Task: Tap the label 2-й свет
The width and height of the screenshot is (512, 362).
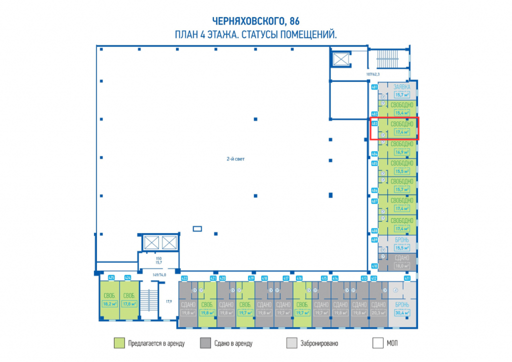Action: [x=235, y=159]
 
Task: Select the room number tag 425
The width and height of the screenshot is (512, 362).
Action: [x=111, y=277]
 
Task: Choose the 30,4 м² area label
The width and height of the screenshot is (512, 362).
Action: [x=401, y=313]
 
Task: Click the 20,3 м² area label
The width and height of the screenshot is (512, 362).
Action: [x=378, y=313]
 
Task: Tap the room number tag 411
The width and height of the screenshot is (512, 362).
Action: [x=407, y=278]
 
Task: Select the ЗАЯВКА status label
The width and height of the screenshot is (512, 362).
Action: [x=402, y=86]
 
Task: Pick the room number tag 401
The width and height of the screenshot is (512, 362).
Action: [x=374, y=87]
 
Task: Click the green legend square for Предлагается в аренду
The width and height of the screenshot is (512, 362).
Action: [x=119, y=343]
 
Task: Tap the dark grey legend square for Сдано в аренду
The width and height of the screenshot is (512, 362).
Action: [x=205, y=343]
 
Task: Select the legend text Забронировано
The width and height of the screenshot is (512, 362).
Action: [x=319, y=343]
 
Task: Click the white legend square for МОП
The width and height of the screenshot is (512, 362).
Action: [x=378, y=343]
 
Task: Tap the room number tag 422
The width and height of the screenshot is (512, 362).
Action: [x=184, y=278]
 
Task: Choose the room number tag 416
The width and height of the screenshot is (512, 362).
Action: [x=299, y=278]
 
